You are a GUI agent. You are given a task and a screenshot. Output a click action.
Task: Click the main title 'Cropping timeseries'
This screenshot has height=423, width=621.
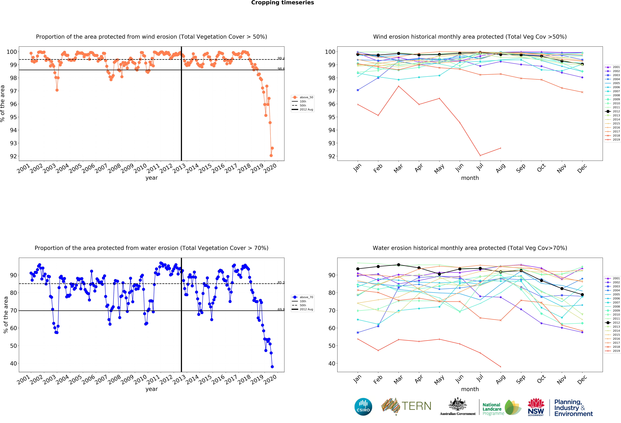282,3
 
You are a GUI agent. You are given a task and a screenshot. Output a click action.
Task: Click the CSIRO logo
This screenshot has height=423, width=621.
363,407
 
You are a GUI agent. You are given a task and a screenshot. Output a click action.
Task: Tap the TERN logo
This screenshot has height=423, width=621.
406,406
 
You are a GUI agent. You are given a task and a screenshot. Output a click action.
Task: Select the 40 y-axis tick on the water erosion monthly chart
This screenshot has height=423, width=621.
332,363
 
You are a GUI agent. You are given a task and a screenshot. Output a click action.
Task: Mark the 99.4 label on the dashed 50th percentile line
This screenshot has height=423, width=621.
281,58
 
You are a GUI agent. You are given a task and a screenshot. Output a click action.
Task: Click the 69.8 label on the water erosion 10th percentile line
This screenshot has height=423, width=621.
281,309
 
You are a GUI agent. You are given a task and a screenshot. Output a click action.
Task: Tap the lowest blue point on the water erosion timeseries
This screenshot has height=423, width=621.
272,367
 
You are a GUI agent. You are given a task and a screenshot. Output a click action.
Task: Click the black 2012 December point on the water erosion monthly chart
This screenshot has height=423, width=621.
582,295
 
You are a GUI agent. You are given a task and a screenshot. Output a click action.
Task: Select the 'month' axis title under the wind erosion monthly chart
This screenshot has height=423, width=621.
470,178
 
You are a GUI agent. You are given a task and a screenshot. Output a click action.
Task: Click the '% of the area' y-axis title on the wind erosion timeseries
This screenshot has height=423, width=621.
3,104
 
